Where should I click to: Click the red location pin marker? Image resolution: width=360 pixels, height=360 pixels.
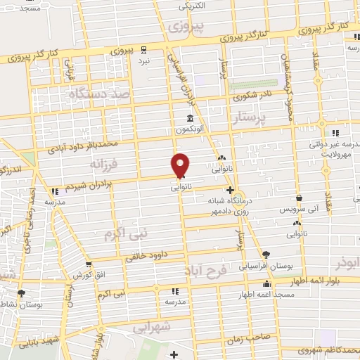pos(181,165)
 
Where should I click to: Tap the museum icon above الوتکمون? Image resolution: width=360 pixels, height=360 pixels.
pos(189,118)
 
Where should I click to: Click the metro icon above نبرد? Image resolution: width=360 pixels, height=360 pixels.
pos(144,49)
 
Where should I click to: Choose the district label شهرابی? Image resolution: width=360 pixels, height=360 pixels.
pos(151,327)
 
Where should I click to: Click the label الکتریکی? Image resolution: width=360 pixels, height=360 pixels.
pos(191,7)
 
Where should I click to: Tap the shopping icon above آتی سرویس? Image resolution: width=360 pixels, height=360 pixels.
pos(300,198)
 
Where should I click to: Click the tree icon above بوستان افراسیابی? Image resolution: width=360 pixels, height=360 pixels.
pos(265,255)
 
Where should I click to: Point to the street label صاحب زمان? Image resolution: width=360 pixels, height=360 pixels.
pos(244,338)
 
